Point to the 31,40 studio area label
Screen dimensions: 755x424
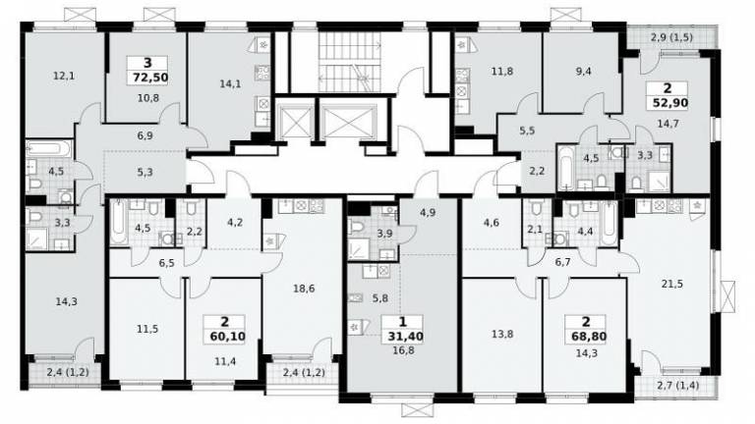click(x=405, y=336)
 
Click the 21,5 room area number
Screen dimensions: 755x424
click(x=671, y=284)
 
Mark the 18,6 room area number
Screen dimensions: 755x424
click(x=304, y=289)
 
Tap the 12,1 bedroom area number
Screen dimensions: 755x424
click(x=64, y=76)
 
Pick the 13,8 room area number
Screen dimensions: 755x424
click(x=502, y=334)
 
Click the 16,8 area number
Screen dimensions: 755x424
click(x=403, y=351)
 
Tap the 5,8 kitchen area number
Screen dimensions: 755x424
click(x=379, y=298)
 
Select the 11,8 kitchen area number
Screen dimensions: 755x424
click(x=501, y=72)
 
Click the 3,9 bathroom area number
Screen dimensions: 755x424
click(x=384, y=234)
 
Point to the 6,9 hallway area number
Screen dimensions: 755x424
click(x=145, y=135)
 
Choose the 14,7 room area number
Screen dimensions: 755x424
click(x=668, y=124)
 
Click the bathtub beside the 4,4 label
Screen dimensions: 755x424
click(x=610, y=223)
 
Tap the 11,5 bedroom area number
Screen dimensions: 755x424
click(x=147, y=330)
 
